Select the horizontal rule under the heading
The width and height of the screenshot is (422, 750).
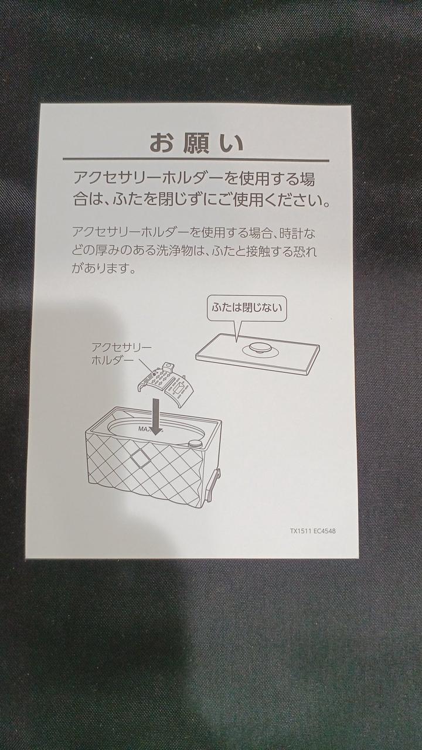pos(196,160)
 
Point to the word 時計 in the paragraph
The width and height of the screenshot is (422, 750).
pos(290,233)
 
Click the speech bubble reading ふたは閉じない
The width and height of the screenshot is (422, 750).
pos(247,308)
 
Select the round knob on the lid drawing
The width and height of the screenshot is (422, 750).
pos(258,349)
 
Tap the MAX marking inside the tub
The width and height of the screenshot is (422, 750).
pos(144,428)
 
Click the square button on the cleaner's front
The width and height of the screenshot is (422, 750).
pos(140,459)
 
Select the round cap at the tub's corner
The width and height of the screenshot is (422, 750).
pos(195,444)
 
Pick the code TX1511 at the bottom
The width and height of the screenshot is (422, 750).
pos(301,531)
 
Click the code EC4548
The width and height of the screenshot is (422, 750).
pos(325,531)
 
